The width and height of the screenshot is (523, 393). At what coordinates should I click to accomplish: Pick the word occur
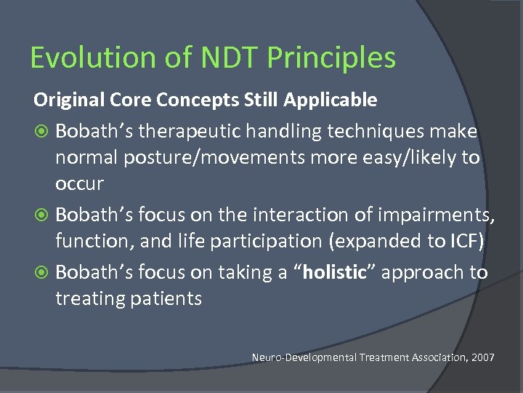point(80,183)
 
